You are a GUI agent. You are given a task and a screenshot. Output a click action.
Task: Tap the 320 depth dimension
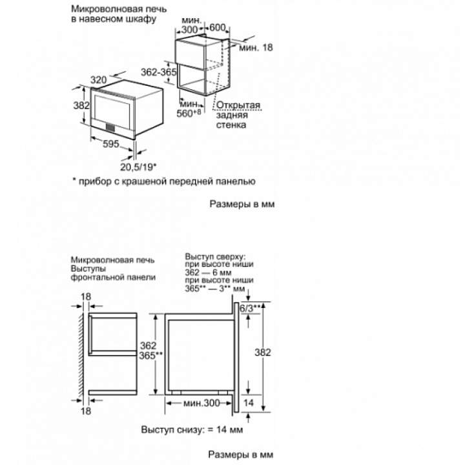[x=99, y=81]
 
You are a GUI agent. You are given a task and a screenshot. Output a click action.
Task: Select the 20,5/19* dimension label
[x=138, y=167]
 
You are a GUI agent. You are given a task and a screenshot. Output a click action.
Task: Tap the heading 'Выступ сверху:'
[x=215, y=256]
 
